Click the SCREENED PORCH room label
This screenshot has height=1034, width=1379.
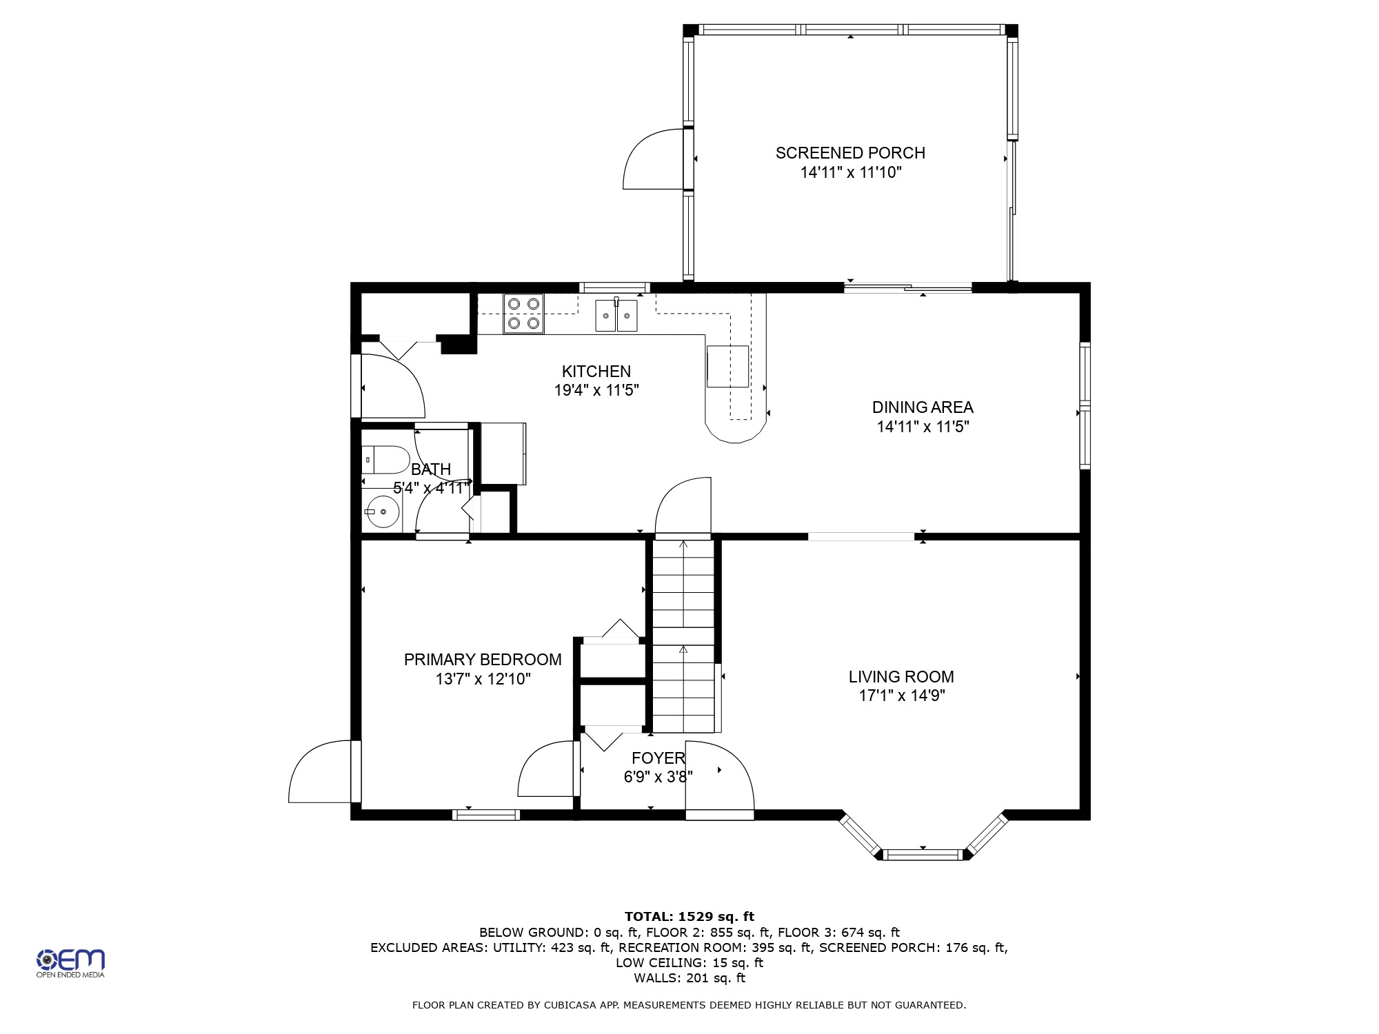click(x=850, y=153)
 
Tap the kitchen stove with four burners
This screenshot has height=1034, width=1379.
click(x=523, y=314)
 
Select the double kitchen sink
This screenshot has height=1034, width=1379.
click(x=616, y=315)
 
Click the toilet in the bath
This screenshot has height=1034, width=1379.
click(x=385, y=460)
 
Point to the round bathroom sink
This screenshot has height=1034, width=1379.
click(x=383, y=512)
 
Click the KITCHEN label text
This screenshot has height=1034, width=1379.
click(x=596, y=372)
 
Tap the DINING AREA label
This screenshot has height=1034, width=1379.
click(x=923, y=407)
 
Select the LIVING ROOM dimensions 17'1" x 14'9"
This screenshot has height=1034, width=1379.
click(x=901, y=696)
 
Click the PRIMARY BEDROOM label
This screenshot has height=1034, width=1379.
click(x=483, y=660)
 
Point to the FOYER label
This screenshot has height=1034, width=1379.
click(x=658, y=758)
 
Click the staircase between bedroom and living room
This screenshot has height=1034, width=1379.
click(x=683, y=636)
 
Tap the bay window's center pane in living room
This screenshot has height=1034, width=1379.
click(x=923, y=855)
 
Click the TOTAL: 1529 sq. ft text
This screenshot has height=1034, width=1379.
click(x=689, y=917)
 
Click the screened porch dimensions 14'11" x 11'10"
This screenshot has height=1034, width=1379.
click(x=851, y=172)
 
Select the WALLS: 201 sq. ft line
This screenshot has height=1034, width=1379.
click(x=689, y=978)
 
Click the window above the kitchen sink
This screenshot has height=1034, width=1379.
click(x=614, y=287)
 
